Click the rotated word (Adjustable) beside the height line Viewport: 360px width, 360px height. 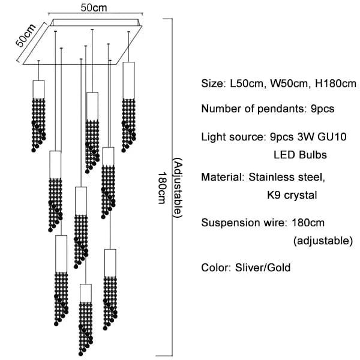coord(176,188)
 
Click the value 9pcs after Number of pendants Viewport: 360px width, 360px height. coord(321,109)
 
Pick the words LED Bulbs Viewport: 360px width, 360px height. coord(300,155)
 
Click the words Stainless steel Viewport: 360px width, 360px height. coord(287,177)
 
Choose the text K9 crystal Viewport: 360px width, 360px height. coord(292,195)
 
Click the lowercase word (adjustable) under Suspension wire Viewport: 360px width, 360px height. coord(322,241)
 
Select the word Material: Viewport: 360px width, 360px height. coord(222,177)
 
